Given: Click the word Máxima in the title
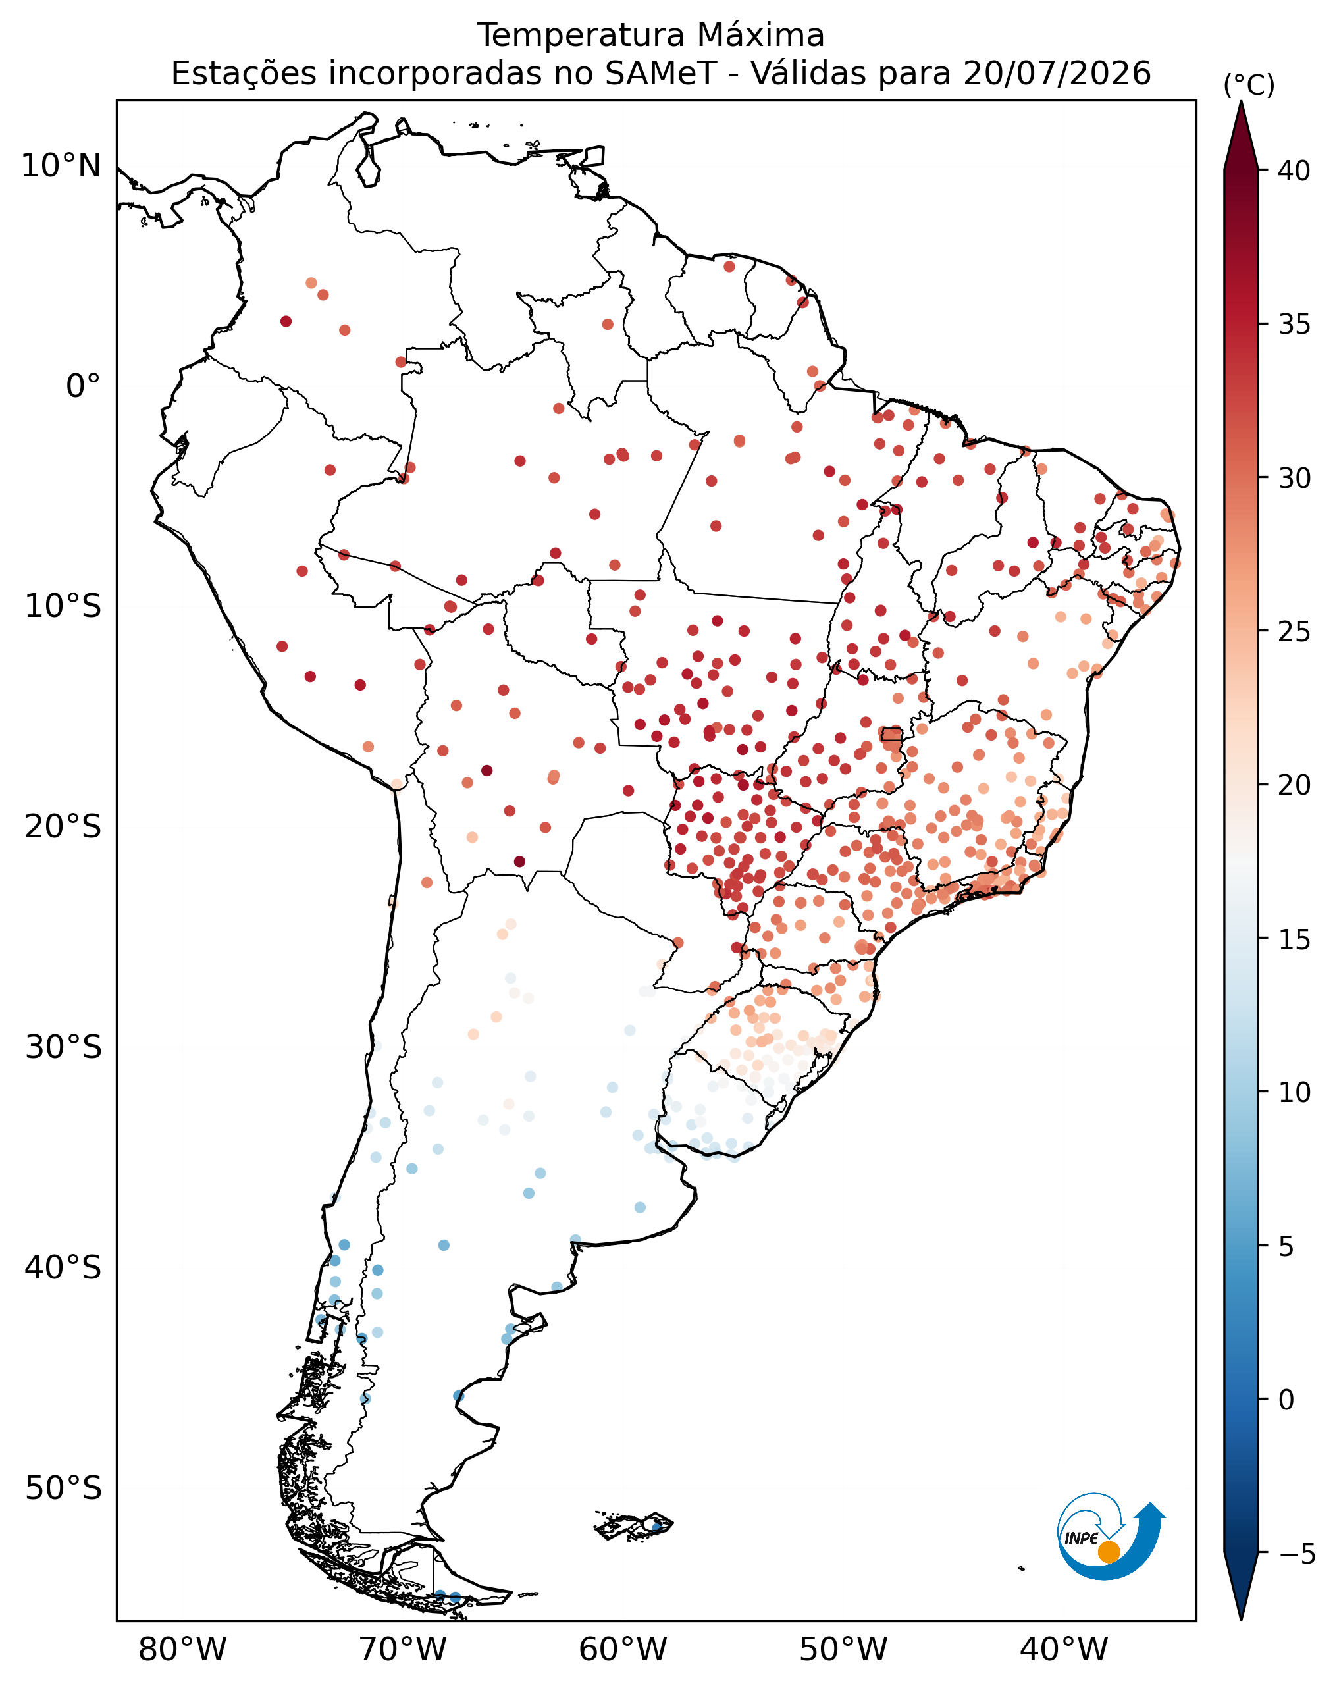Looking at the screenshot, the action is [759, 35].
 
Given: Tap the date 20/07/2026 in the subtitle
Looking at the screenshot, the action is [1057, 74].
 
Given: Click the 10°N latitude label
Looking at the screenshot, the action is [61, 166].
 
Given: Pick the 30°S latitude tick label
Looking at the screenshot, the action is [63, 1047].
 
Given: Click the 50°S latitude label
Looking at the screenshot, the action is [63, 1488].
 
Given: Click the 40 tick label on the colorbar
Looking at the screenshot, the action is [1294, 171].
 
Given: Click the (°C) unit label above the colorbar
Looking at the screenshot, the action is [1249, 85].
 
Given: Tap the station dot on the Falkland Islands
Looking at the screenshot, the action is [656, 1525].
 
